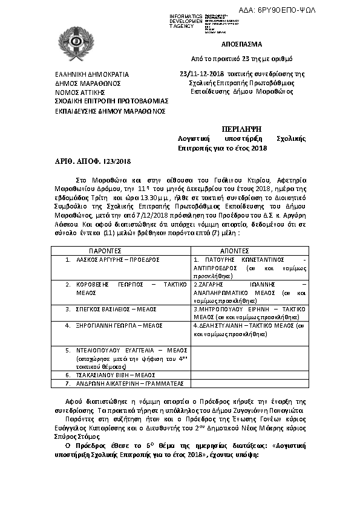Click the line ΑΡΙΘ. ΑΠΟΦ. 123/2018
click(x=89, y=161)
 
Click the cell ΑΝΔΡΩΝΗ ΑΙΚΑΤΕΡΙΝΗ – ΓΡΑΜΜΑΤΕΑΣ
click(x=118, y=383)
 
